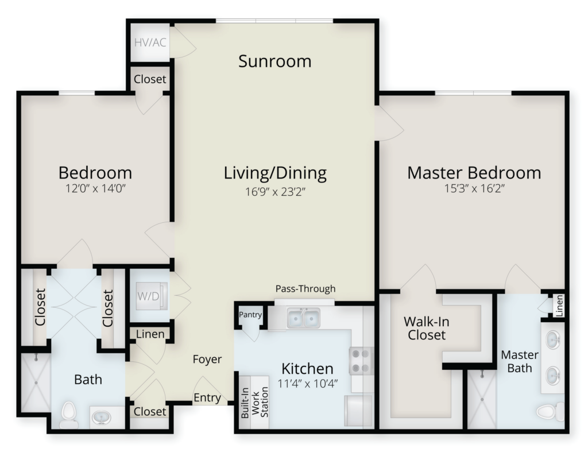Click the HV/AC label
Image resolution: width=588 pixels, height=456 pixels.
click(x=150, y=42)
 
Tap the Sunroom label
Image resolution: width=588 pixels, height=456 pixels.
click(x=275, y=61)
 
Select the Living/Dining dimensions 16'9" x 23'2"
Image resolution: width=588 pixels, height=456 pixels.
click(x=275, y=192)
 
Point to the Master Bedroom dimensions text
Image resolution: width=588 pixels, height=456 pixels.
click(x=474, y=188)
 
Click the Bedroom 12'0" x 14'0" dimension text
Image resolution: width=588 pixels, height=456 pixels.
click(x=95, y=188)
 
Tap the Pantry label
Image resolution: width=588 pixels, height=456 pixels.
click(x=250, y=314)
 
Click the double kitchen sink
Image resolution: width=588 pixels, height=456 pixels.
click(x=303, y=318)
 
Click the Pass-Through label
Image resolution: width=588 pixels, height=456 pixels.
click(x=305, y=288)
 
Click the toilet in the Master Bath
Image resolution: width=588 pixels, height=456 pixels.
click(x=550, y=412)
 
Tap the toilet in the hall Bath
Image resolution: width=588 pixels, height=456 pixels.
click(x=69, y=415)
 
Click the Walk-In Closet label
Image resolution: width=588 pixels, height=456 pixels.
click(x=427, y=328)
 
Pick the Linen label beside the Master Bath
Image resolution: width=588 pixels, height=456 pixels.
click(x=559, y=306)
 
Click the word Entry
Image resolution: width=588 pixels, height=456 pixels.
click(x=207, y=397)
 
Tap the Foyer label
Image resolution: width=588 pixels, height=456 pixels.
click(x=207, y=359)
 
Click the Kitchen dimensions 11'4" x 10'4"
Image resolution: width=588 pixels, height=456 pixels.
click(x=308, y=384)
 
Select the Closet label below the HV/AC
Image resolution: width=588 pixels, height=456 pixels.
click(x=150, y=79)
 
